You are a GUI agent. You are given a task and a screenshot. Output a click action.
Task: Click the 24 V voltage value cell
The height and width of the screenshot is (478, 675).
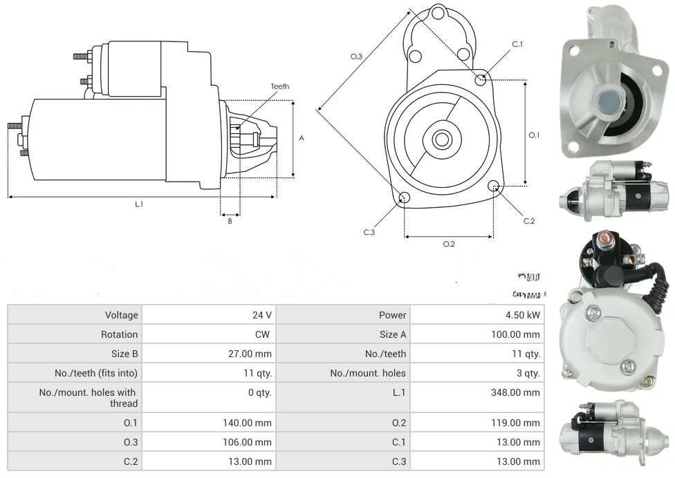[261, 315]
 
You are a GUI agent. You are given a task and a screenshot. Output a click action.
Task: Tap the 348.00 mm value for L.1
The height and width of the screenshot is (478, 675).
[521, 392]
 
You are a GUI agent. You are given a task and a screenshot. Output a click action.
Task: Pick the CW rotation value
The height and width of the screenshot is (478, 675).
[264, 334]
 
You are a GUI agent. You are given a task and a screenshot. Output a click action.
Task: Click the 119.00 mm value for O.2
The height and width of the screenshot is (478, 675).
[521, 423]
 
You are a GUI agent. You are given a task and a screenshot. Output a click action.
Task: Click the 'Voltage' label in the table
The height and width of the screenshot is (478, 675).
[121, 315]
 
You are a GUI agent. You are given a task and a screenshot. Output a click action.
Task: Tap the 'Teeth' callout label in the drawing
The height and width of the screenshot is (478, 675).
[279, 86]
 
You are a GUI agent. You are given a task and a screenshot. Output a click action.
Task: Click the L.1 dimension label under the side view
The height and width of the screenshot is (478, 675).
[139, 204]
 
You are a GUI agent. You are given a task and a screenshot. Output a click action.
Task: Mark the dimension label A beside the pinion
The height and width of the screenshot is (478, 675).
[302, 138]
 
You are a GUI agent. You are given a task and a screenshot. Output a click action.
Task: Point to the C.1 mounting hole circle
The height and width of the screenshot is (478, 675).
[481, 80]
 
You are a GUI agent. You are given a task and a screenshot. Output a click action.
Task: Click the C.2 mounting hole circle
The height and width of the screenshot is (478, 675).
[494, 186]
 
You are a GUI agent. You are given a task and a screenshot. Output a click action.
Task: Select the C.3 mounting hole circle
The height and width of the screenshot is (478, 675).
[405, 198]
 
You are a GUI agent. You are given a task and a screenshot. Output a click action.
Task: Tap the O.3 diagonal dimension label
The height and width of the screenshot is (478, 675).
[356, 57]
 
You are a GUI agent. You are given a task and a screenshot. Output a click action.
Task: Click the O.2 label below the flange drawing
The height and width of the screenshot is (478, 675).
[448, 244]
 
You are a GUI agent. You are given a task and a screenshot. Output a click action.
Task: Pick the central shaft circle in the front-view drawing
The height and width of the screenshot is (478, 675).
[441, 140]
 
